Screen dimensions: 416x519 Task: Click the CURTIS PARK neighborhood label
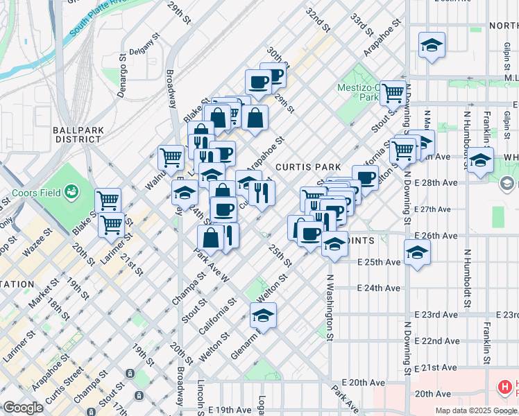click(x=307, y=167)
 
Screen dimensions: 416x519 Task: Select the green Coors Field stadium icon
click(x=70, y=191)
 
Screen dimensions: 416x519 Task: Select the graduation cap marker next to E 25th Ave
click(x=417, y=252)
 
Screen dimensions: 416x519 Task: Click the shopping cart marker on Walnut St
click(x=171, y=157)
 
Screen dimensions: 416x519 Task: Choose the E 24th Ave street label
click(x=379, y=288)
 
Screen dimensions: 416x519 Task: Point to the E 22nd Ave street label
click(x=437, y=341)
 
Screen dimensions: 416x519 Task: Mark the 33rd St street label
click(x=358, y=26)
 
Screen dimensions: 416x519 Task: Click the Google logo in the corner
click(x=24, y=408)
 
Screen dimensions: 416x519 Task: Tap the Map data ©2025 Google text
click(x=476, y=410)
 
